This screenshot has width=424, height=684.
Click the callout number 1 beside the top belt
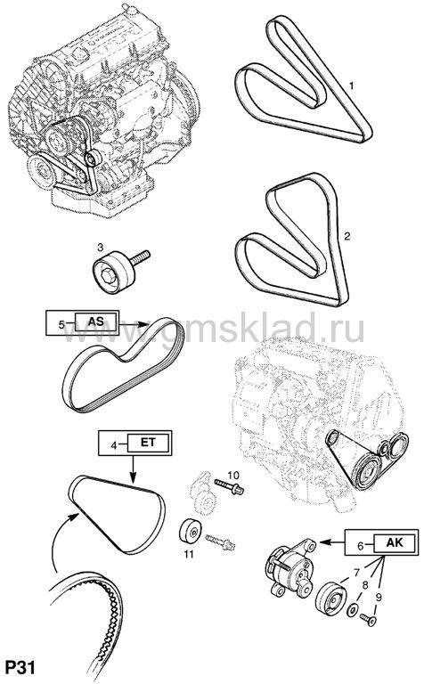point(351,85)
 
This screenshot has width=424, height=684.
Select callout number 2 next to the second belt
point(347,236)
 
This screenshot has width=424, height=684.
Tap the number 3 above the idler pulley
point(101,248)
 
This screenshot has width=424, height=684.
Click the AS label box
point(96,322)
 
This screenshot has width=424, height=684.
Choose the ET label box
point(149,443)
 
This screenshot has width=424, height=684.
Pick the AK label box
point(395,542)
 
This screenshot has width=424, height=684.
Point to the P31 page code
point(20,667)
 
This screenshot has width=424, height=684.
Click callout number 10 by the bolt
point(233,475)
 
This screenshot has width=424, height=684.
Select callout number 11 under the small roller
point(189,555)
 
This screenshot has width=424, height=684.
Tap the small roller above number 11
point(190,532)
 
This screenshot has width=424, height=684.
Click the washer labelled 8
point(352,610)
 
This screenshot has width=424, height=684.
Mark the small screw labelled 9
point(369,619)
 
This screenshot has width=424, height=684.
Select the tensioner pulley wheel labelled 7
point(331,598)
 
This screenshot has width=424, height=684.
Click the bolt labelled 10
point(229,486)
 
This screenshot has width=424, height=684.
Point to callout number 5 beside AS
point(61,324)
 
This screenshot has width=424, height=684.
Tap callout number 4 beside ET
point(113,445)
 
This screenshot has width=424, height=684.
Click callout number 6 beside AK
point(361,546)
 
